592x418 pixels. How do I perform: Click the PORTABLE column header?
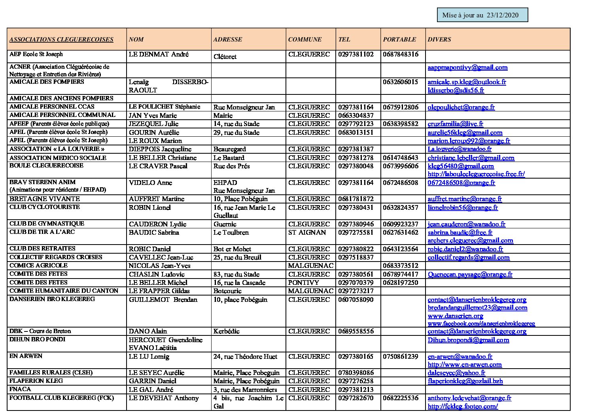point(399,40)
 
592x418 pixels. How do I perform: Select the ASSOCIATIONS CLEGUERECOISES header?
point(61,40)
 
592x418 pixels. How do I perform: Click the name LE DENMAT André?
point(159,55)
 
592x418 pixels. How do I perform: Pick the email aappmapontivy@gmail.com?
point(467,68)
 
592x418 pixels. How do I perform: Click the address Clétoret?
point(225,56)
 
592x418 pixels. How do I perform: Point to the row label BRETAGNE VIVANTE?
point(45,199)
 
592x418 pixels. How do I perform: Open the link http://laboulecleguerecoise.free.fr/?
point(476,174)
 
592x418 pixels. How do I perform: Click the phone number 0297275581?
point(356,232)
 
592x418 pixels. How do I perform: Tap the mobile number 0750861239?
point(400,356)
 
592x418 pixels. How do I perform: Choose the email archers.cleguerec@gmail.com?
point(470,240)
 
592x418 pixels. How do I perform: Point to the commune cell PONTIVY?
point(303,282)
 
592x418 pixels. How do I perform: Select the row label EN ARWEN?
point(26,356)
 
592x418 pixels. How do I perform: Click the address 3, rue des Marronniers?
point(245,390)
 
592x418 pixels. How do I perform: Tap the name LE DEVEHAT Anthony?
point(164,398)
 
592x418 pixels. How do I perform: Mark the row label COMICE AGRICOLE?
point(38,265)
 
